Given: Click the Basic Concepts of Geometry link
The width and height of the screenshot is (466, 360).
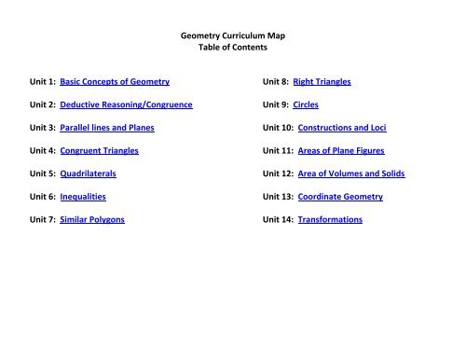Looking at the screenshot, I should [x=114, y=82].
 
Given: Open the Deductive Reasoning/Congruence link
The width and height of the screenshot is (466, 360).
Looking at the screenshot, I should [x=126, y=105].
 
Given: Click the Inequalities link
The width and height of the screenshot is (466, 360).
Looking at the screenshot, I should [x=83, y=197].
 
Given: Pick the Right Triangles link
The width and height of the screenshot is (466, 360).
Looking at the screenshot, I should [x=322, y=82].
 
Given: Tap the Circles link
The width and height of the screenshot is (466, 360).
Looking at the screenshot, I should [x=306, y=105].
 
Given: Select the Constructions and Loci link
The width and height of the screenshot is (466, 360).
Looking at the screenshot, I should [x=347, y=128].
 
